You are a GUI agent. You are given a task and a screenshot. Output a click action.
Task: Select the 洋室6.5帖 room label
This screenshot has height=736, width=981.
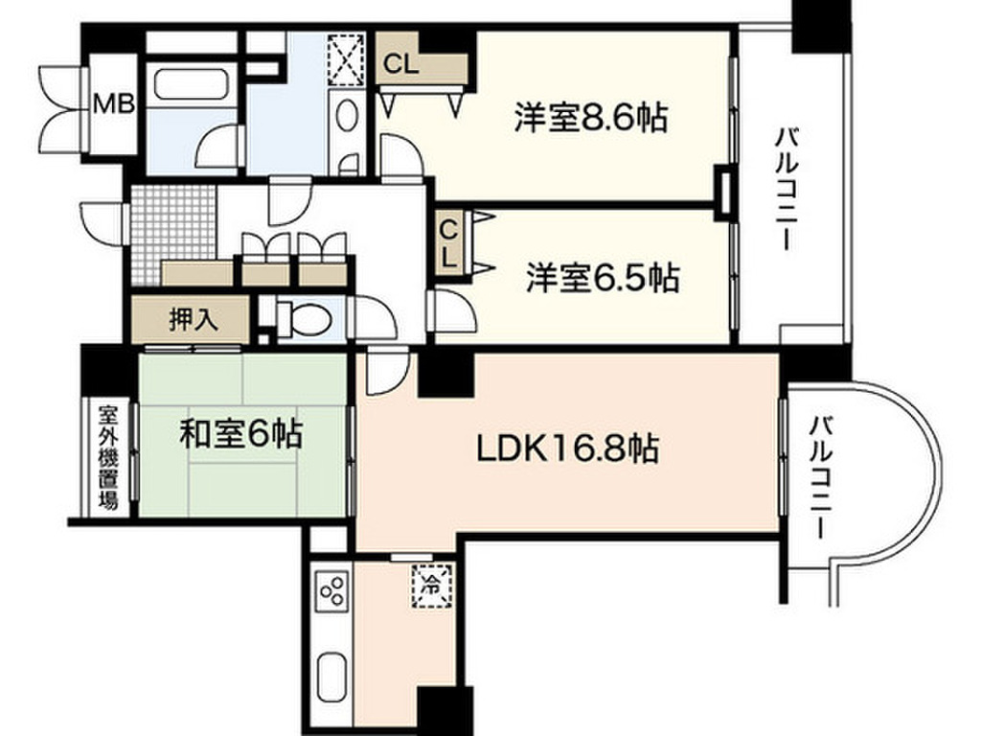602,279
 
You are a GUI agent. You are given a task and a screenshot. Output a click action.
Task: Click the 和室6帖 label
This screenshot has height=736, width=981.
241,436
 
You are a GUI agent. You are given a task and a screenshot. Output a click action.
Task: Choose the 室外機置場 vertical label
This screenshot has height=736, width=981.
107,457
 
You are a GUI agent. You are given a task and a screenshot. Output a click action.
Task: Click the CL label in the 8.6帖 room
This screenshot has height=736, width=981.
400,65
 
